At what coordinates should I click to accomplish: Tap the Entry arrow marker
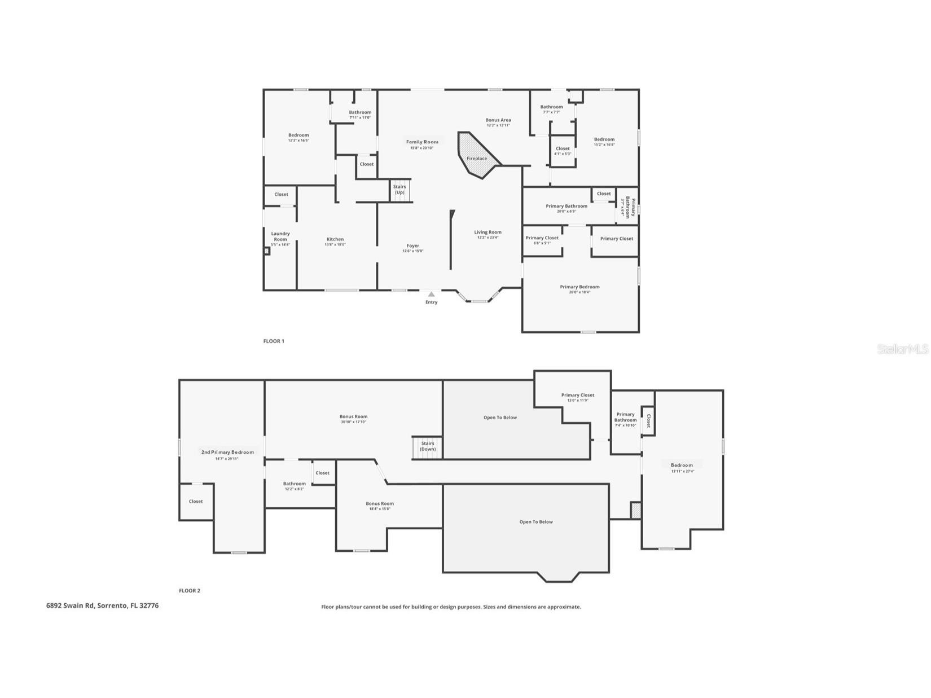[x=431, y=294]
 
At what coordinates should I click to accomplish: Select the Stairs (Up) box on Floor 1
[x=399, y=190]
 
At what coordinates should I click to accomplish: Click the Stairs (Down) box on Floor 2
[x=427, y=447]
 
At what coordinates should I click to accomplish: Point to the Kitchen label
[x=335, y=239]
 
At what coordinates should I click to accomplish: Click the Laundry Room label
[x=280, y=236]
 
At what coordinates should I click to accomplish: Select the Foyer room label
[x=413, y=246]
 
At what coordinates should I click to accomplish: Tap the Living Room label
[x=488, y=232]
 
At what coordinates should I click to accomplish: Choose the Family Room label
[x=422, y=142]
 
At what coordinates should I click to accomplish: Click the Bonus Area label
[x=498, y=120]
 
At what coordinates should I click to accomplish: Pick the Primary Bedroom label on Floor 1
[x=579, y=287]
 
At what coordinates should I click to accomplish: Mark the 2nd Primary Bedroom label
[x=227, y=453]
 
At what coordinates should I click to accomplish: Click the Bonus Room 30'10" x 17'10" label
[x=353, y=417]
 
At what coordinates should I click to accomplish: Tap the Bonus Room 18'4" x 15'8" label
[x=380, y=504]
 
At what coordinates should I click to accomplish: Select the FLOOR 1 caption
[x=274, y=341]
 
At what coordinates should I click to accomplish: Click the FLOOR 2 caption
[x=190, y=591]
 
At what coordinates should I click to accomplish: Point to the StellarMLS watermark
[x=902, y=349]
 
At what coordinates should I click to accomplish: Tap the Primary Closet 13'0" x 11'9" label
[x=578, y=396]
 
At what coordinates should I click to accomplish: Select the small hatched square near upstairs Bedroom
[x=636, y=510]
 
